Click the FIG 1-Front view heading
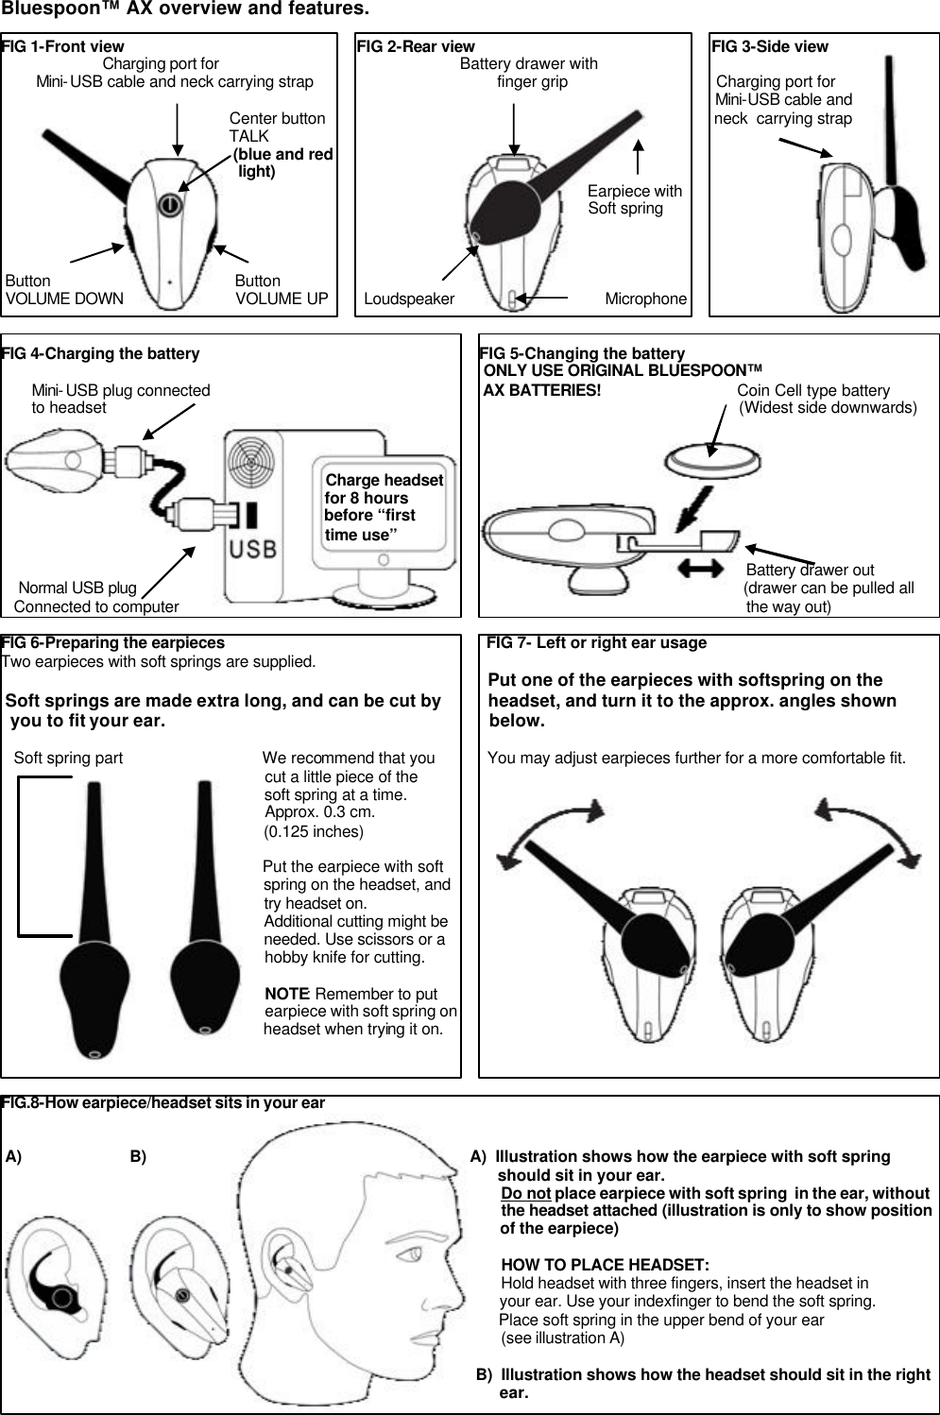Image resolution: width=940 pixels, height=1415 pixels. [x=63, y=46]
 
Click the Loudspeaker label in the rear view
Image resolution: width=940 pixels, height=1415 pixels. [x=409, y=299]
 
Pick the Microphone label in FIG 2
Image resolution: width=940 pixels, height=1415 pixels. [x=645, y=299]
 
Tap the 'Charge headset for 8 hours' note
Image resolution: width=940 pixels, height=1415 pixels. [x=383, y=507]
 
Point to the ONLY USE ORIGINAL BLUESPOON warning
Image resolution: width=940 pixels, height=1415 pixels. [x=623, y=370]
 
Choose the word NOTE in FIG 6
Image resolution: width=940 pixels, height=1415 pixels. [x=287, y=994]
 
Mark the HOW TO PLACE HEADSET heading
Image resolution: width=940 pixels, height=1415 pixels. [x=605, y=1265]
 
